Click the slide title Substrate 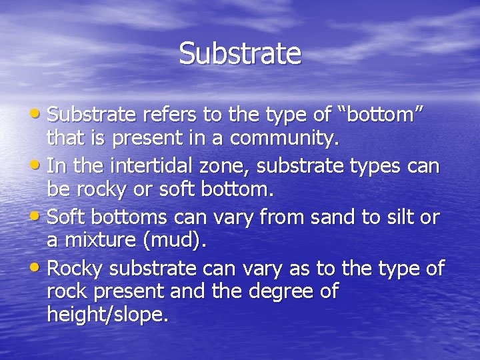240,53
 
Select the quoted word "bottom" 381,115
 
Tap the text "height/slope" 105,315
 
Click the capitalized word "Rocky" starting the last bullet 75,268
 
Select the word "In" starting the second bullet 55,165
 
